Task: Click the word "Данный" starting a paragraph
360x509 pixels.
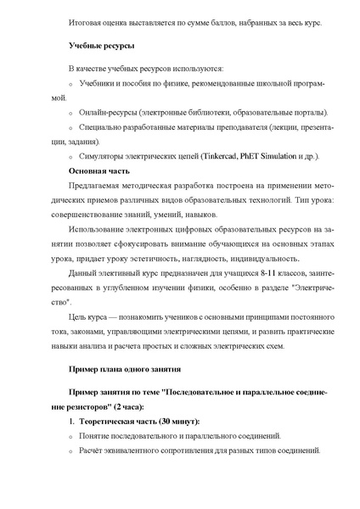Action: (81, 288)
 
